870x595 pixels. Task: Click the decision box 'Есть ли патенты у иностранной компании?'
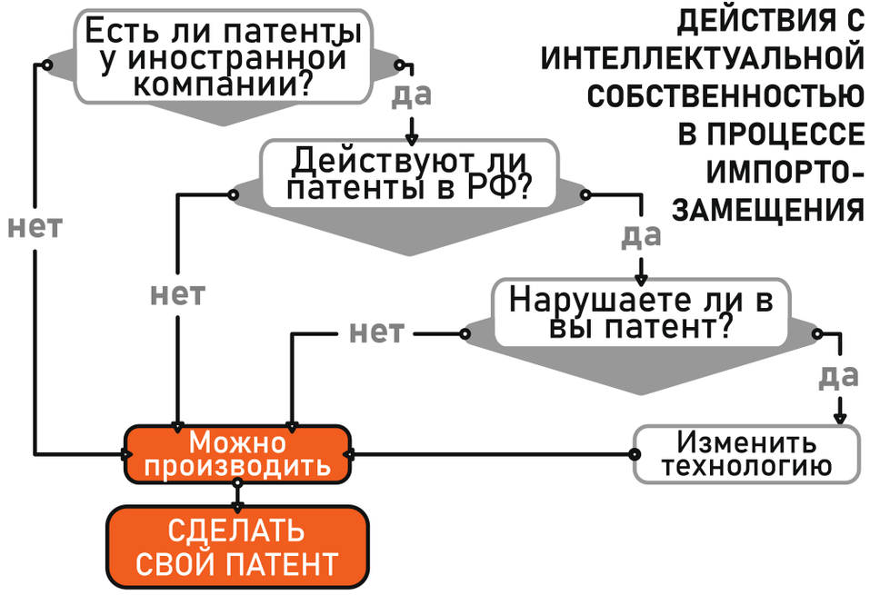(x=223, y=59)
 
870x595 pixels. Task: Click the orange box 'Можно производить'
(x=237, y=453)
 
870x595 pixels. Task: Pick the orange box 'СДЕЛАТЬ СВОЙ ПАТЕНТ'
(x=237, y=549)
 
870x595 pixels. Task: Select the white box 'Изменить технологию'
(x=745, y=454)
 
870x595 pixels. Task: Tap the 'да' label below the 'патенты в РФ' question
(x=640, y=235)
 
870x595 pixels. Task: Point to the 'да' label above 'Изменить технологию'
(x=839, y=375)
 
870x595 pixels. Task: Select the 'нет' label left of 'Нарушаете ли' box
(x=376, y=333)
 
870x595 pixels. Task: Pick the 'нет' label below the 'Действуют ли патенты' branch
(x=177, y=294)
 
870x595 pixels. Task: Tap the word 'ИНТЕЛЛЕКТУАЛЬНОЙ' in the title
(x=702, y=58)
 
